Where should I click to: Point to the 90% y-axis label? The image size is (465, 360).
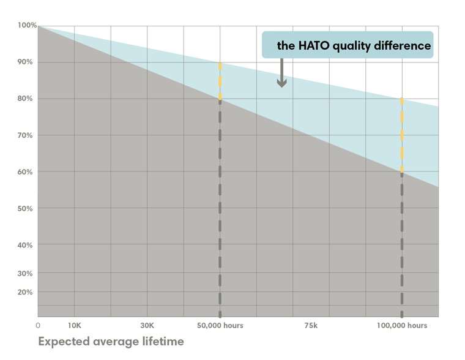tap(25, 62)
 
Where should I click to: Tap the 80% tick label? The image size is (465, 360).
tap(25, 99)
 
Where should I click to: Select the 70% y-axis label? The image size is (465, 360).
tap(25, 135)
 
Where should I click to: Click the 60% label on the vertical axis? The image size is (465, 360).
tap(25, 172)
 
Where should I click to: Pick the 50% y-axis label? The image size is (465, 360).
tap(25, 209)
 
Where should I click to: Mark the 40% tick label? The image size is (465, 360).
tap(25, 245)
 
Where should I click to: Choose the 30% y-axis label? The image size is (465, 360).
tap(25, 273)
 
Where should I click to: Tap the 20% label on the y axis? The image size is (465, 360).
tap(25, 292)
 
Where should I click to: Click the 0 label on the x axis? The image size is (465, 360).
tap(38, 326)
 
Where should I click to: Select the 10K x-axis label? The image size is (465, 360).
tap(74, 326)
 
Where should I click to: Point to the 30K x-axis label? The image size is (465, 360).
tap(147, 326)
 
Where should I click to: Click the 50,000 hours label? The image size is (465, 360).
tap(220, 326)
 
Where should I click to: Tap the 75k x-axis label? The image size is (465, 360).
tap(311, 326)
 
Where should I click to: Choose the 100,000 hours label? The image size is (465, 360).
tap(401, 326)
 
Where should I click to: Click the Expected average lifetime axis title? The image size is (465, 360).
tap(111, 342)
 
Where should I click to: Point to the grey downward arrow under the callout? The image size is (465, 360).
tap(281, 73)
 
